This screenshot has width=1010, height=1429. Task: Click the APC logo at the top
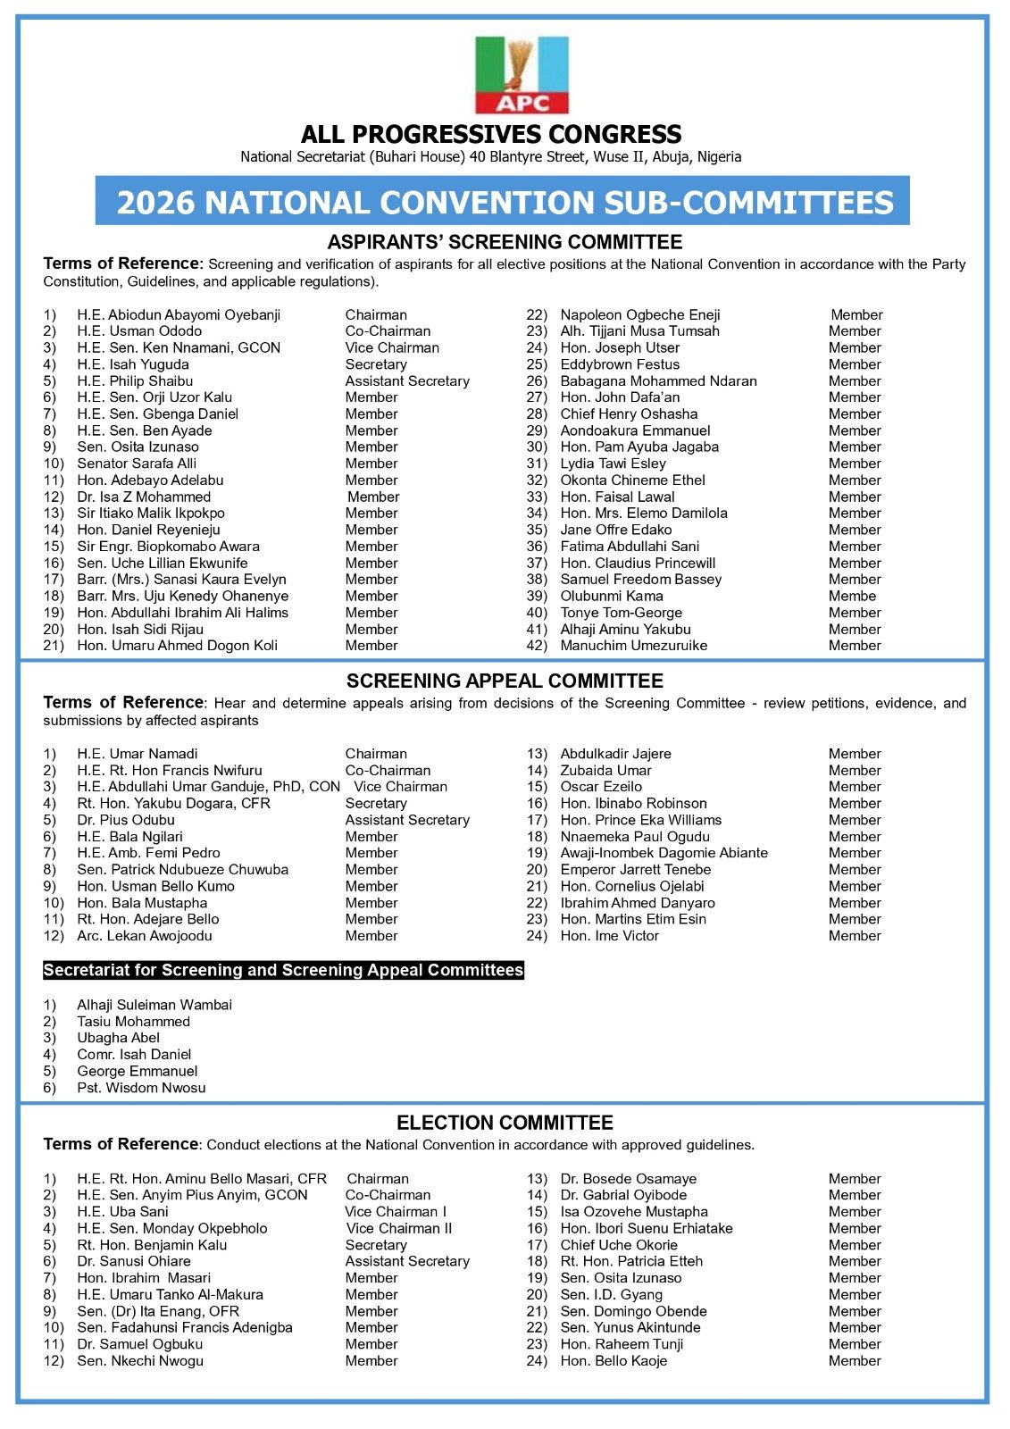(522, 75)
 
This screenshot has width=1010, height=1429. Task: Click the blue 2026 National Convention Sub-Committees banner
(503, 202)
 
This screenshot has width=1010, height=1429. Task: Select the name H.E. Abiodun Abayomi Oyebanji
(179, 315)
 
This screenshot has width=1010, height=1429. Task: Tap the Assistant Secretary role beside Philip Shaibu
(407, 381)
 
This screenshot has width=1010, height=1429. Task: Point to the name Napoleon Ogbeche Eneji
(639, 315)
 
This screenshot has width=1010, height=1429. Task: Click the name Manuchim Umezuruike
(633, 646)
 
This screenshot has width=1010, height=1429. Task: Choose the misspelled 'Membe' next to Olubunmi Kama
(852, 597)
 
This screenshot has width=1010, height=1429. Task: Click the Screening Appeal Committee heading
(505, 681)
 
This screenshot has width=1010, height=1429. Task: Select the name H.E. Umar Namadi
(138, 754)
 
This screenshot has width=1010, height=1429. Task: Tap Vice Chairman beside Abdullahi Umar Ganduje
(400, 787)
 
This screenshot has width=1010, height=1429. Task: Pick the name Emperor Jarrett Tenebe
(635, 870)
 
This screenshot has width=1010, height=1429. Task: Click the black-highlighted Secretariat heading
(283, 971)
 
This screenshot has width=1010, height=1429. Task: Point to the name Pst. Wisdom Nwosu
(141, 1088)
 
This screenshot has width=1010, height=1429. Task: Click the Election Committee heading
(505, 1124)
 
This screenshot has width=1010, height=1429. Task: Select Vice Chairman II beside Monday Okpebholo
(398, 1229)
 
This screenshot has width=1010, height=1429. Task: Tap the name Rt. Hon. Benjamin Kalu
(152, 1245)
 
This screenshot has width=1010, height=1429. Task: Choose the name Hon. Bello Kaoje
(614, 1361)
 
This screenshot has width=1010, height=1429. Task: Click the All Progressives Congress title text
(491, 135)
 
